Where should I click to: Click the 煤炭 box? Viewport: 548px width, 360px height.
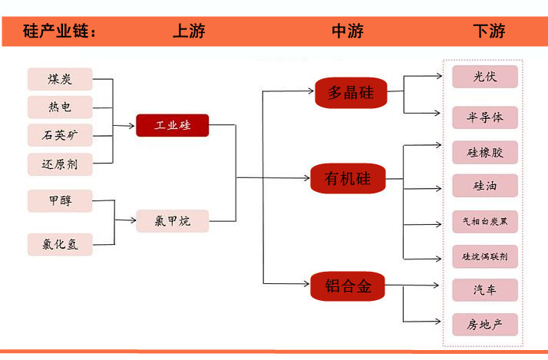click(60, 79)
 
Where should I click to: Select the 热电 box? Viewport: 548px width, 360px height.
click(60, 107)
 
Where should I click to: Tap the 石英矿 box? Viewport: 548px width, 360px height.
click(60, 136)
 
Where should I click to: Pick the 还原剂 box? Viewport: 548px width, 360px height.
click(60, 164)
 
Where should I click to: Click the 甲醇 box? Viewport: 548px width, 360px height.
click(60, 201)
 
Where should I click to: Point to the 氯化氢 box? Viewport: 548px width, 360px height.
click(60, 245)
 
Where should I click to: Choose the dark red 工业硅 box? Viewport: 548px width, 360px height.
click(173, 125)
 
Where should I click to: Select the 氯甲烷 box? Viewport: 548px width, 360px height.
click(173, 222)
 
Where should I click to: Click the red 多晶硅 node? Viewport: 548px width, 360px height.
click(351, 93)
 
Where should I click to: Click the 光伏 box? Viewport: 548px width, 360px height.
click(484, 77)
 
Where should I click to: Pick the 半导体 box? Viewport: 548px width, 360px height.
click(484, 117)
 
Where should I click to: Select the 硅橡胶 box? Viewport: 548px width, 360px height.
click(484, 152)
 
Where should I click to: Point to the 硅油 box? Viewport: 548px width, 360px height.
click(484, 186)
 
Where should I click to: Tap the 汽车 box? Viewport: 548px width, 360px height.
click(484, 290)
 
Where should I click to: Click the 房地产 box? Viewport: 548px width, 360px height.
click(484, 325)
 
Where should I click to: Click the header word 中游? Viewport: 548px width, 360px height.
click(348, 31)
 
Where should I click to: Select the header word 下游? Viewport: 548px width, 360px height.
click(489, 31)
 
